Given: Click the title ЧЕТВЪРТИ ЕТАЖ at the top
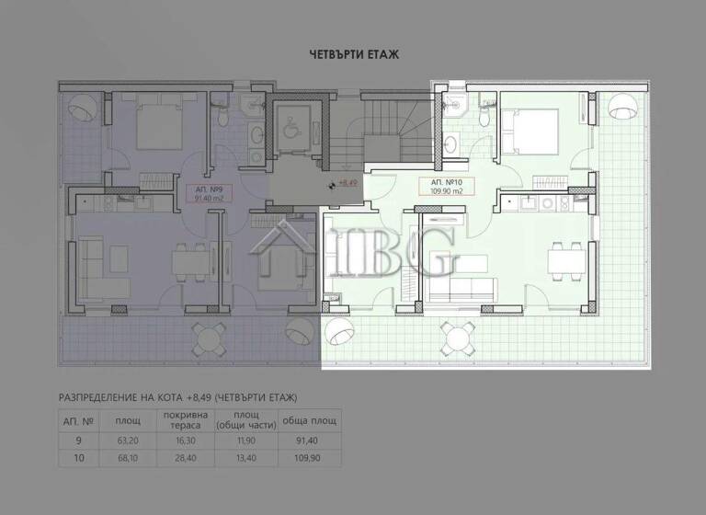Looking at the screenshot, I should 353,55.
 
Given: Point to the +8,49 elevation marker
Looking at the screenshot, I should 344,183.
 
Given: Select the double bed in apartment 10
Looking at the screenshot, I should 529,132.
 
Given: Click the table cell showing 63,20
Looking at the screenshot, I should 121,441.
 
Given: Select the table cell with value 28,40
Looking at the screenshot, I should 180,457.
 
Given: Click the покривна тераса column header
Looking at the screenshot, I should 180,420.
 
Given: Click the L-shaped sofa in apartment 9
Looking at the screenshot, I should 95,267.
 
